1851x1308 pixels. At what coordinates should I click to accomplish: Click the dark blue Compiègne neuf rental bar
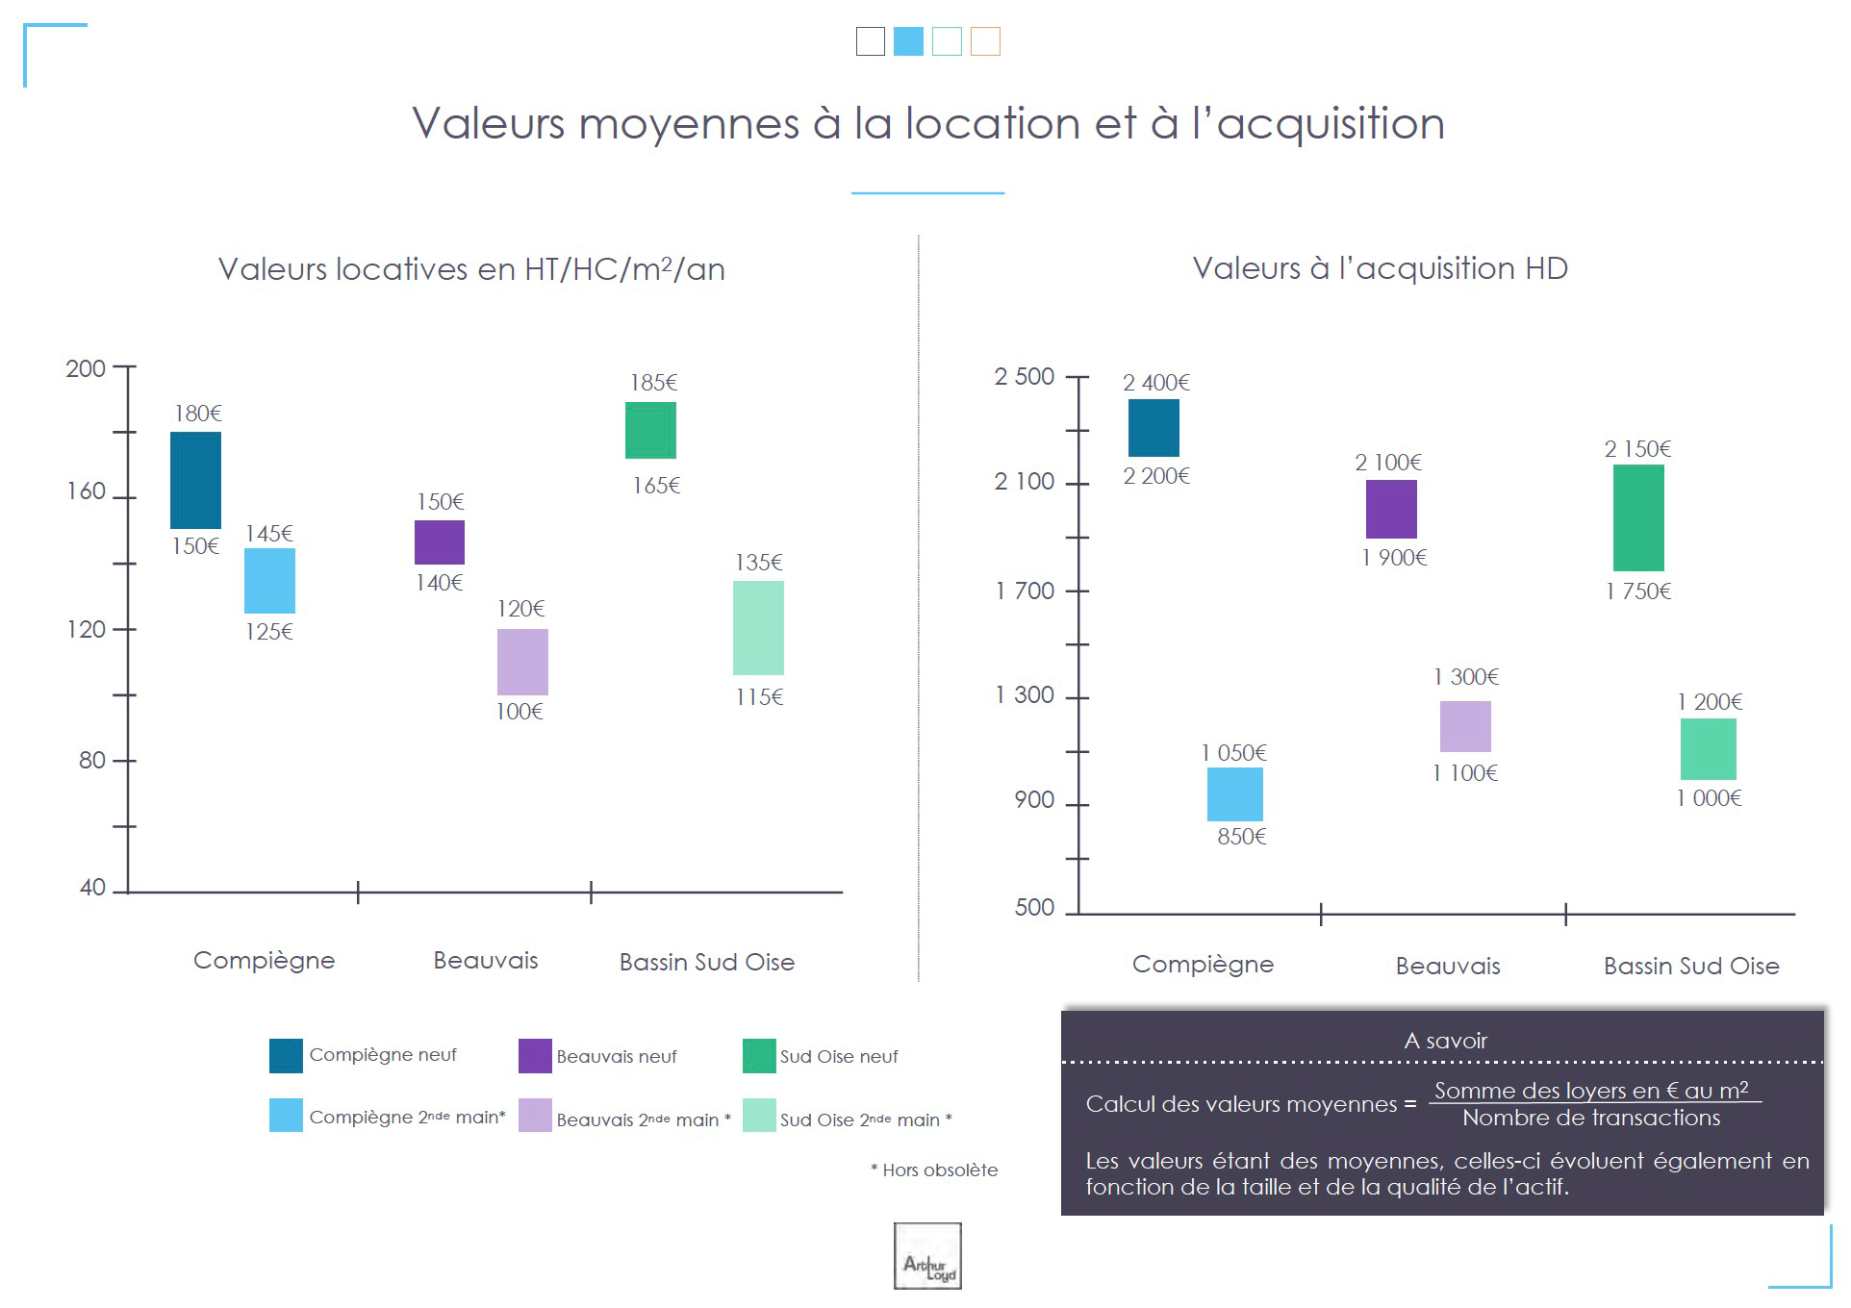click(x=195, y=480)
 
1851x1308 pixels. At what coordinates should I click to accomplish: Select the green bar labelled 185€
click(x=650, y=430)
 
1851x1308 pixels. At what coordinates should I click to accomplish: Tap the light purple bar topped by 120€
click(x=522, y=662)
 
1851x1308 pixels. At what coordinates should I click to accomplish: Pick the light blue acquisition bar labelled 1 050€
click(x=1234, y=793)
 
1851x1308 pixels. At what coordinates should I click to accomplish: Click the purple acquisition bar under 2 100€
click(x=1391, y=509)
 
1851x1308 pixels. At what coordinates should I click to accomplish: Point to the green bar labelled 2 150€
click(x=1638, y=517)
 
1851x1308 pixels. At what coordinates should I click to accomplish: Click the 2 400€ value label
click(x=1155, y=383)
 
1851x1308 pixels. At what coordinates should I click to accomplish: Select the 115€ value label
click(x=759, y=697)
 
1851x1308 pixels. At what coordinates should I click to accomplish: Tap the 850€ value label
click(x=1241, y=837)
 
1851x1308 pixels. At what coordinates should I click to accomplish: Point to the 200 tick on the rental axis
click(x=86, y=368)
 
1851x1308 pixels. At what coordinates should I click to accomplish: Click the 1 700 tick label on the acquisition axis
click(x=1024, y=591)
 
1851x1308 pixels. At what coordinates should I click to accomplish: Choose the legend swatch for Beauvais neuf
click(x=535, y=1056)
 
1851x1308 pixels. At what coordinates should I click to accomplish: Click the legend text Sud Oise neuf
click(x=839, y=1057)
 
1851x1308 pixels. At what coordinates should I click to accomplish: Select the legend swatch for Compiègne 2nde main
click(x=286, y=1116)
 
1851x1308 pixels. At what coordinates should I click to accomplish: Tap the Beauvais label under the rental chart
click(x=486, y=961)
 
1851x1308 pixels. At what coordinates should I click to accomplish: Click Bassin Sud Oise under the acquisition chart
click(x=1691, y=966)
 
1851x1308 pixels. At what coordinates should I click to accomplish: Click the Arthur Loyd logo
click(x=927, y=1256)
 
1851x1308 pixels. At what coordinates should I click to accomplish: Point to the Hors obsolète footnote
click(x=934, y=1170)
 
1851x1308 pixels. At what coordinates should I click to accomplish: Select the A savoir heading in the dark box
click(x=1445, y=1041)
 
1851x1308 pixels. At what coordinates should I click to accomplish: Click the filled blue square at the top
click(x=908, y=41)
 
